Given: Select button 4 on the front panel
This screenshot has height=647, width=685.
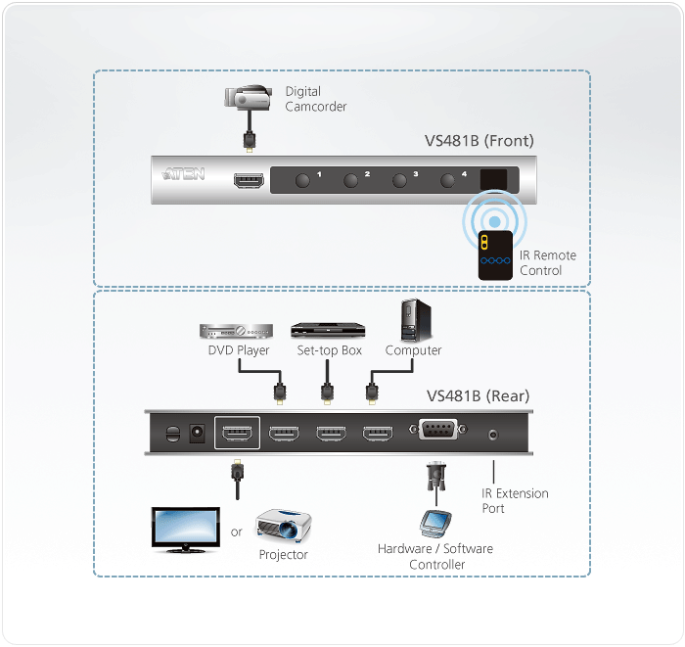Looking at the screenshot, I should click(449, 180).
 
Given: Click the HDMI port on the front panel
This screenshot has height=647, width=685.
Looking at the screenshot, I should click(247, 181).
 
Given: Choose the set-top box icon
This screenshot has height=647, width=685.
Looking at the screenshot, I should click(326, 330).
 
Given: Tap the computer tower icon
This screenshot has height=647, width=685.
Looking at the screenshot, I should click(411, 320).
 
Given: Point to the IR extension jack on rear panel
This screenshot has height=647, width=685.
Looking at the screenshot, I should click(494, 433).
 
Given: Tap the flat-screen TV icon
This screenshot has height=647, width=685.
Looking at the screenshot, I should click(185, 530).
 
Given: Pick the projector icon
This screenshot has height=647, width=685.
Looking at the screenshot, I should click(283, 527).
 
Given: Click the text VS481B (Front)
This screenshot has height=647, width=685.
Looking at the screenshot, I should click(479, 141).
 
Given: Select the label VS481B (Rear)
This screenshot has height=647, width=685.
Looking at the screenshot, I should click(478, 396).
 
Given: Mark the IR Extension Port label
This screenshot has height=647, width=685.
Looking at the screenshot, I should click(515, 501).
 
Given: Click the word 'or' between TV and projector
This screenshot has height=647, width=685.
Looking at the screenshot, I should click(236, 532).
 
